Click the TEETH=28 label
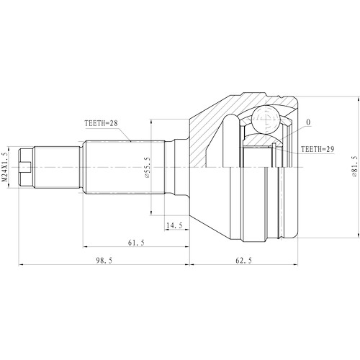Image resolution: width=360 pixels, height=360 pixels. pos(102,123)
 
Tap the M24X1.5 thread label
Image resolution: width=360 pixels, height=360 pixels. pos(6,167)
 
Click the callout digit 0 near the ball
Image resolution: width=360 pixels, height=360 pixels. pos(308,123)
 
